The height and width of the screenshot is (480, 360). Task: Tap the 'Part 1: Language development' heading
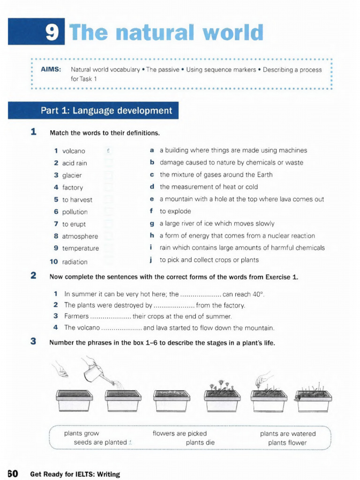pyautogui.click(x=106, y=111)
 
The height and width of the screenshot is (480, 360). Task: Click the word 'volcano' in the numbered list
pyautogui.click(x=74, y=151)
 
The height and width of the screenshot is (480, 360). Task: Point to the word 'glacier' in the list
pyautogui.click(x=72, y=175)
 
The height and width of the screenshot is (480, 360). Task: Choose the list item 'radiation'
pyautogui.click(x=75, y=262)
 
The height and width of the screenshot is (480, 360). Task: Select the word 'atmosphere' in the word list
pyautogui.click(x=80, y=236)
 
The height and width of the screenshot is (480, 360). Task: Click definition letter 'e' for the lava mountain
pyautogui.click(x=151, y=199)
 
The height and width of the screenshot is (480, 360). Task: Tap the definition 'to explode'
pyautogui.click(x=175, y=211)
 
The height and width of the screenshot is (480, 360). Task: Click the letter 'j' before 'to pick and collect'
pyautogui.click(x=151, y=260)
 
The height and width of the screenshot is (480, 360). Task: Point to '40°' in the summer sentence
pyautogui.click(x=258, y=295)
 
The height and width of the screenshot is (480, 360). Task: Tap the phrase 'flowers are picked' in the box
pyautogui.click(x=180, y=434)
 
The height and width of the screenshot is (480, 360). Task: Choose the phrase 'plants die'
pyautogui.click(x=200, y=442)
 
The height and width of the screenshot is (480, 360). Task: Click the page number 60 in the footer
pyautogui.click(x=12, y=473)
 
